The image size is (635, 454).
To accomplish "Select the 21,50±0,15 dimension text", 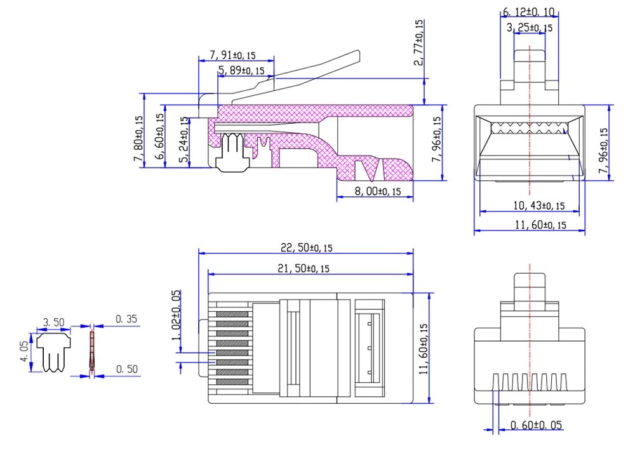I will (x=304, y=269).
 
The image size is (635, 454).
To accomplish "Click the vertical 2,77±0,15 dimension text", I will (x=418, y=43).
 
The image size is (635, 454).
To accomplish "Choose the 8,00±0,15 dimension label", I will (x=375, y=190).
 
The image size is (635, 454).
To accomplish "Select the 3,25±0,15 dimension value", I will (x=530, y=27).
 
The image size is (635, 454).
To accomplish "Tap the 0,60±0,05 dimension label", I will (x=537, y=425).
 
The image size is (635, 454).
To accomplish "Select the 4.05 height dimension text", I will (x=24, y=352).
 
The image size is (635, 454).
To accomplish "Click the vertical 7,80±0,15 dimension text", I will (x=138, y=138).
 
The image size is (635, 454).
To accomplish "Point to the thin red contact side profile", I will (x=91, y=352).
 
